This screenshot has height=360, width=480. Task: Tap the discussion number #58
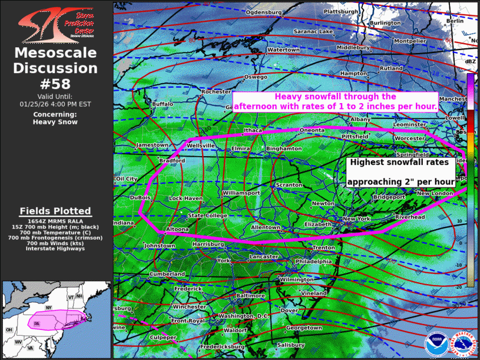[56, 83]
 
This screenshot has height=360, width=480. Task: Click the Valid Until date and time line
[56, 104]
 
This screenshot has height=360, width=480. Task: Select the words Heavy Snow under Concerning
[55, 122]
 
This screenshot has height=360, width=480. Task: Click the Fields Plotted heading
[55, 211]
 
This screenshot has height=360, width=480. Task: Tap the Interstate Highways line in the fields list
[55, 248]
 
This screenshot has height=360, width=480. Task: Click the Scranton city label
[289, 185]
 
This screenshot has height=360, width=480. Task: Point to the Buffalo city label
[163, 104]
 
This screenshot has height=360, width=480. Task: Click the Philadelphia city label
[313, 261]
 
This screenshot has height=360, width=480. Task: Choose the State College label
[207, 216]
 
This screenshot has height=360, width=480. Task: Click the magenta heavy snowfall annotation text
[335, 101]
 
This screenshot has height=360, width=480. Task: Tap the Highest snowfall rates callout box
[400, 172]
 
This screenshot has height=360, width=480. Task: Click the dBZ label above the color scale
[471, 61]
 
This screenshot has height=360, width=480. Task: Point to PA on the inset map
[37, 323]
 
